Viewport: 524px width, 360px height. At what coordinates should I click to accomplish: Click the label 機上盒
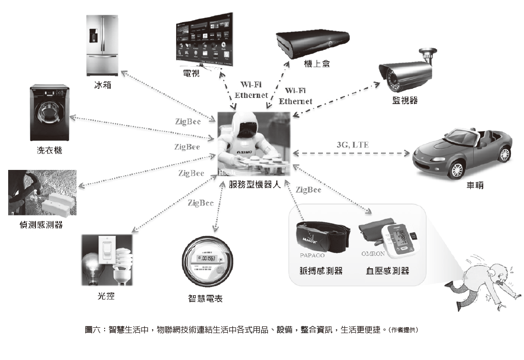[x=317, y=64]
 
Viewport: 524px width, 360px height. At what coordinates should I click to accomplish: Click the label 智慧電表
[x=205, y=299]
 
